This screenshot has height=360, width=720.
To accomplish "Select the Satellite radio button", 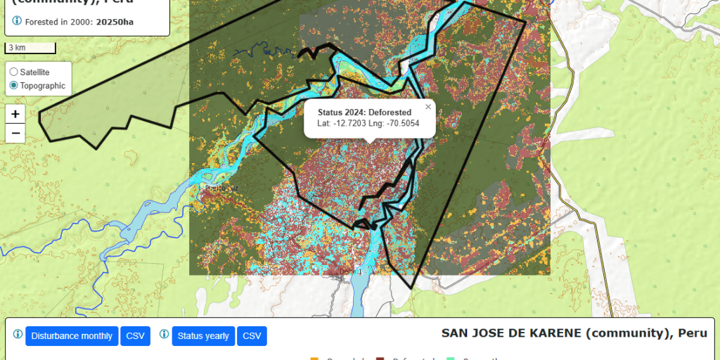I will click(14, 72).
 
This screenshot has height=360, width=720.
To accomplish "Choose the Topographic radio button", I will click(14, 86).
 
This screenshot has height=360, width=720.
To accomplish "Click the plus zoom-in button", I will click(15, 113).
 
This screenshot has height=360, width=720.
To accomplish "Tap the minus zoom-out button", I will click(15, 133).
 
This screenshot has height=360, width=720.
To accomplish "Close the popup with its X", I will click(428, 107).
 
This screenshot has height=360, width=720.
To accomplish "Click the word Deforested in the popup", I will click(390, 112).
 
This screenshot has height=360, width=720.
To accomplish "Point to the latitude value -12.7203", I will click(349, 124).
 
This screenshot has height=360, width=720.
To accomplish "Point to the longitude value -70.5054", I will click(404, 124).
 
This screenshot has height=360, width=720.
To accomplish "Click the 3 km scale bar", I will click(30, 48).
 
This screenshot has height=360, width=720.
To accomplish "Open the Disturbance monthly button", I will click(72, 336).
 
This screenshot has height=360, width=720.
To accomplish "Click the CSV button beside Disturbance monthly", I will click(134, 336).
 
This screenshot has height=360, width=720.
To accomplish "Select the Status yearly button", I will click(203, 336).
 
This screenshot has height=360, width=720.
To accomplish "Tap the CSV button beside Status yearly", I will click(252, 336).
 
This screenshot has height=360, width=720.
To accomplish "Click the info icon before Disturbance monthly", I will click(18, 335).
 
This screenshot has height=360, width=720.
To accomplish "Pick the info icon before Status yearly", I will click(165, 335).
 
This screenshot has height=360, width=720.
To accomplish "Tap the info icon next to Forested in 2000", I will click(17, 21).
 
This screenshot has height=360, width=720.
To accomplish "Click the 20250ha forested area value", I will click(115, 22).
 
